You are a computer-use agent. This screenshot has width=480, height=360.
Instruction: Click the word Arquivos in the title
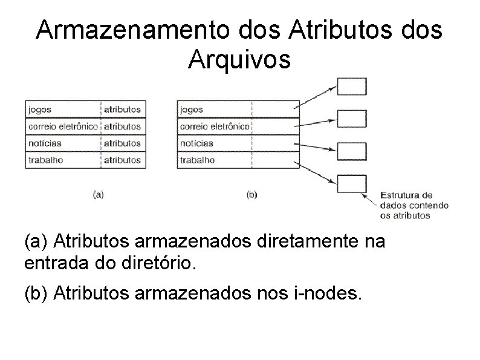(239, 59)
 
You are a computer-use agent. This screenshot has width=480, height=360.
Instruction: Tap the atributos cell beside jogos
(122, 110)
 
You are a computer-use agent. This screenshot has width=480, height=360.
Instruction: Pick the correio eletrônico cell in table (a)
(62, 127)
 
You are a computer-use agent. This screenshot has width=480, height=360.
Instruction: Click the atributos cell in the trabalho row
(122, 160)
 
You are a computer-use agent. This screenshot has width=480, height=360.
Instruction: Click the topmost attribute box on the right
(351, 87)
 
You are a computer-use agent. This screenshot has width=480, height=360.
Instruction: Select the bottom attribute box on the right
(351, 184)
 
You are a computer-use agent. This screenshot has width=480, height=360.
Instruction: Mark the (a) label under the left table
(98, 195)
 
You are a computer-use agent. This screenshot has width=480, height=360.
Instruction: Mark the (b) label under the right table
(252, 195)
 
